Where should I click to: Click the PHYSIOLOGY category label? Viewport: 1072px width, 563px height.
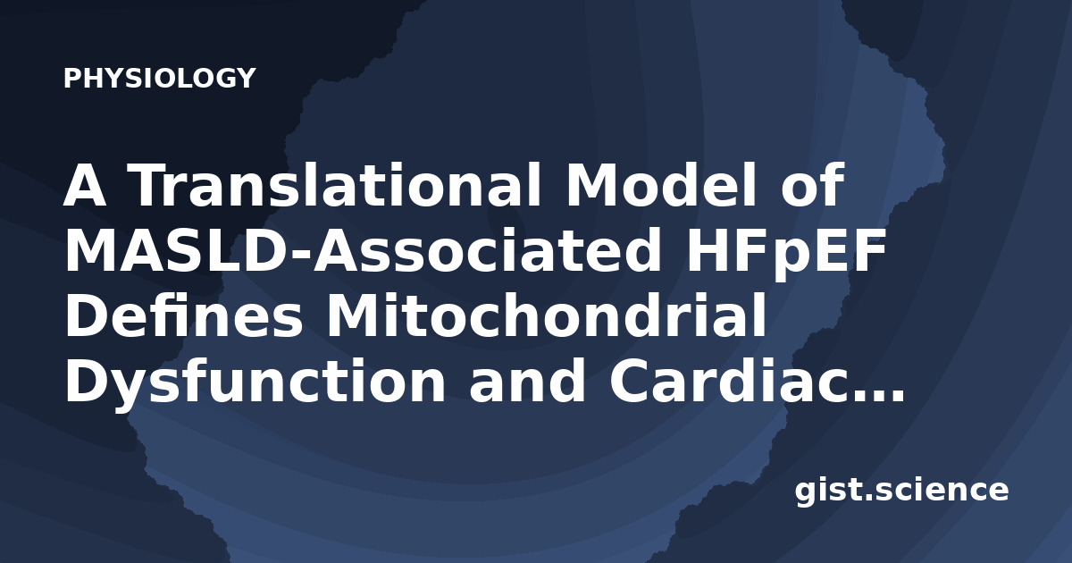[x=159, y=78]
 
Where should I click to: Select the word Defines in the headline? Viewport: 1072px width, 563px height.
[x=184, y=316]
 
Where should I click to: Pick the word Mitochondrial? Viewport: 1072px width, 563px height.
[x=546, y=316]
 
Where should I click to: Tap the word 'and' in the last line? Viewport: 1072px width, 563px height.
[x=527, y=382]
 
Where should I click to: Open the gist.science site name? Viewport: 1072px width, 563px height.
[x=901, y=492]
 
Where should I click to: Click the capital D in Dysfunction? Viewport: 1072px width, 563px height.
[x=86, y=382]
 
